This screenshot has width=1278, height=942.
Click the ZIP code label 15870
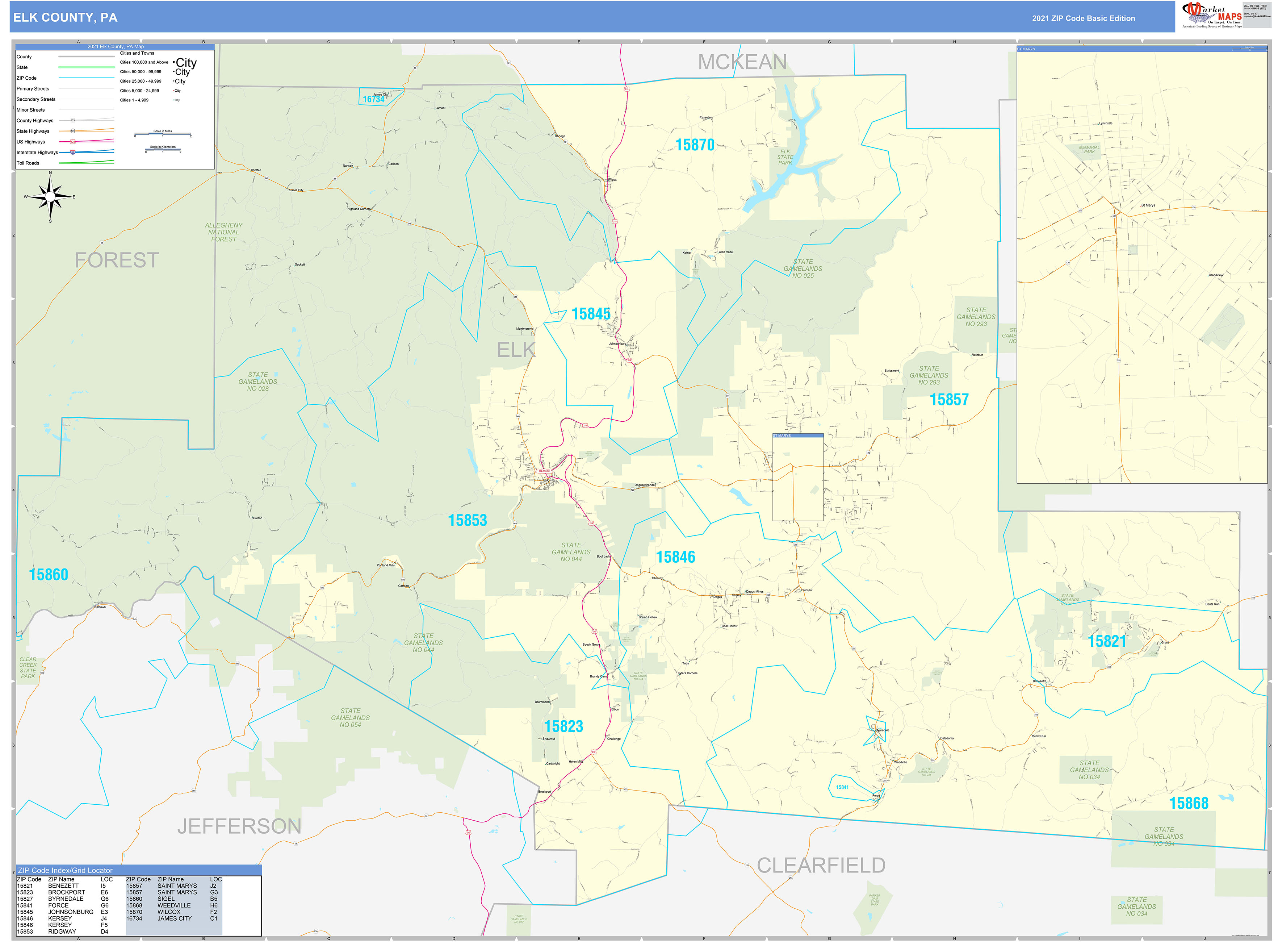694,145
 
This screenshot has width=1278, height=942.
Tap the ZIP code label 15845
591,314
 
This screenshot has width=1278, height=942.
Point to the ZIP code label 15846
675,557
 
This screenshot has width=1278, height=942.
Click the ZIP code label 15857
949,400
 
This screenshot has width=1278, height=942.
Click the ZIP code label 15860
49,575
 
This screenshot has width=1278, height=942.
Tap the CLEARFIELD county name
821,866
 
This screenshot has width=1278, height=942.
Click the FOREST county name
117,260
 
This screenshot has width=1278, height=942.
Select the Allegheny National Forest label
223,232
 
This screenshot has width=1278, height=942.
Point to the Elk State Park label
785,157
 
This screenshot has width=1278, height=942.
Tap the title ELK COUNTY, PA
66,18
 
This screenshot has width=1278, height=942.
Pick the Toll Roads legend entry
28,163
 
